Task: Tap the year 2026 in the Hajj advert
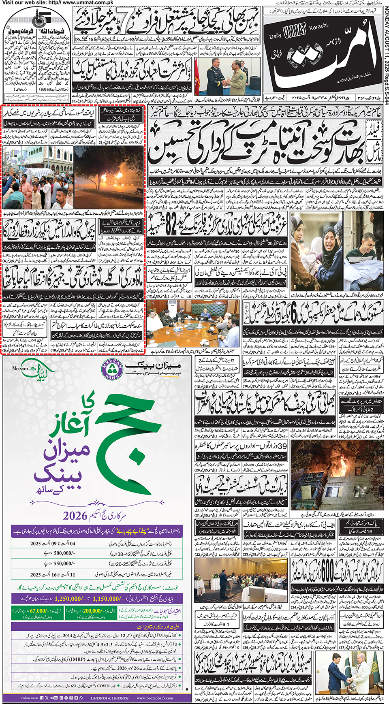pos(75,516)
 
